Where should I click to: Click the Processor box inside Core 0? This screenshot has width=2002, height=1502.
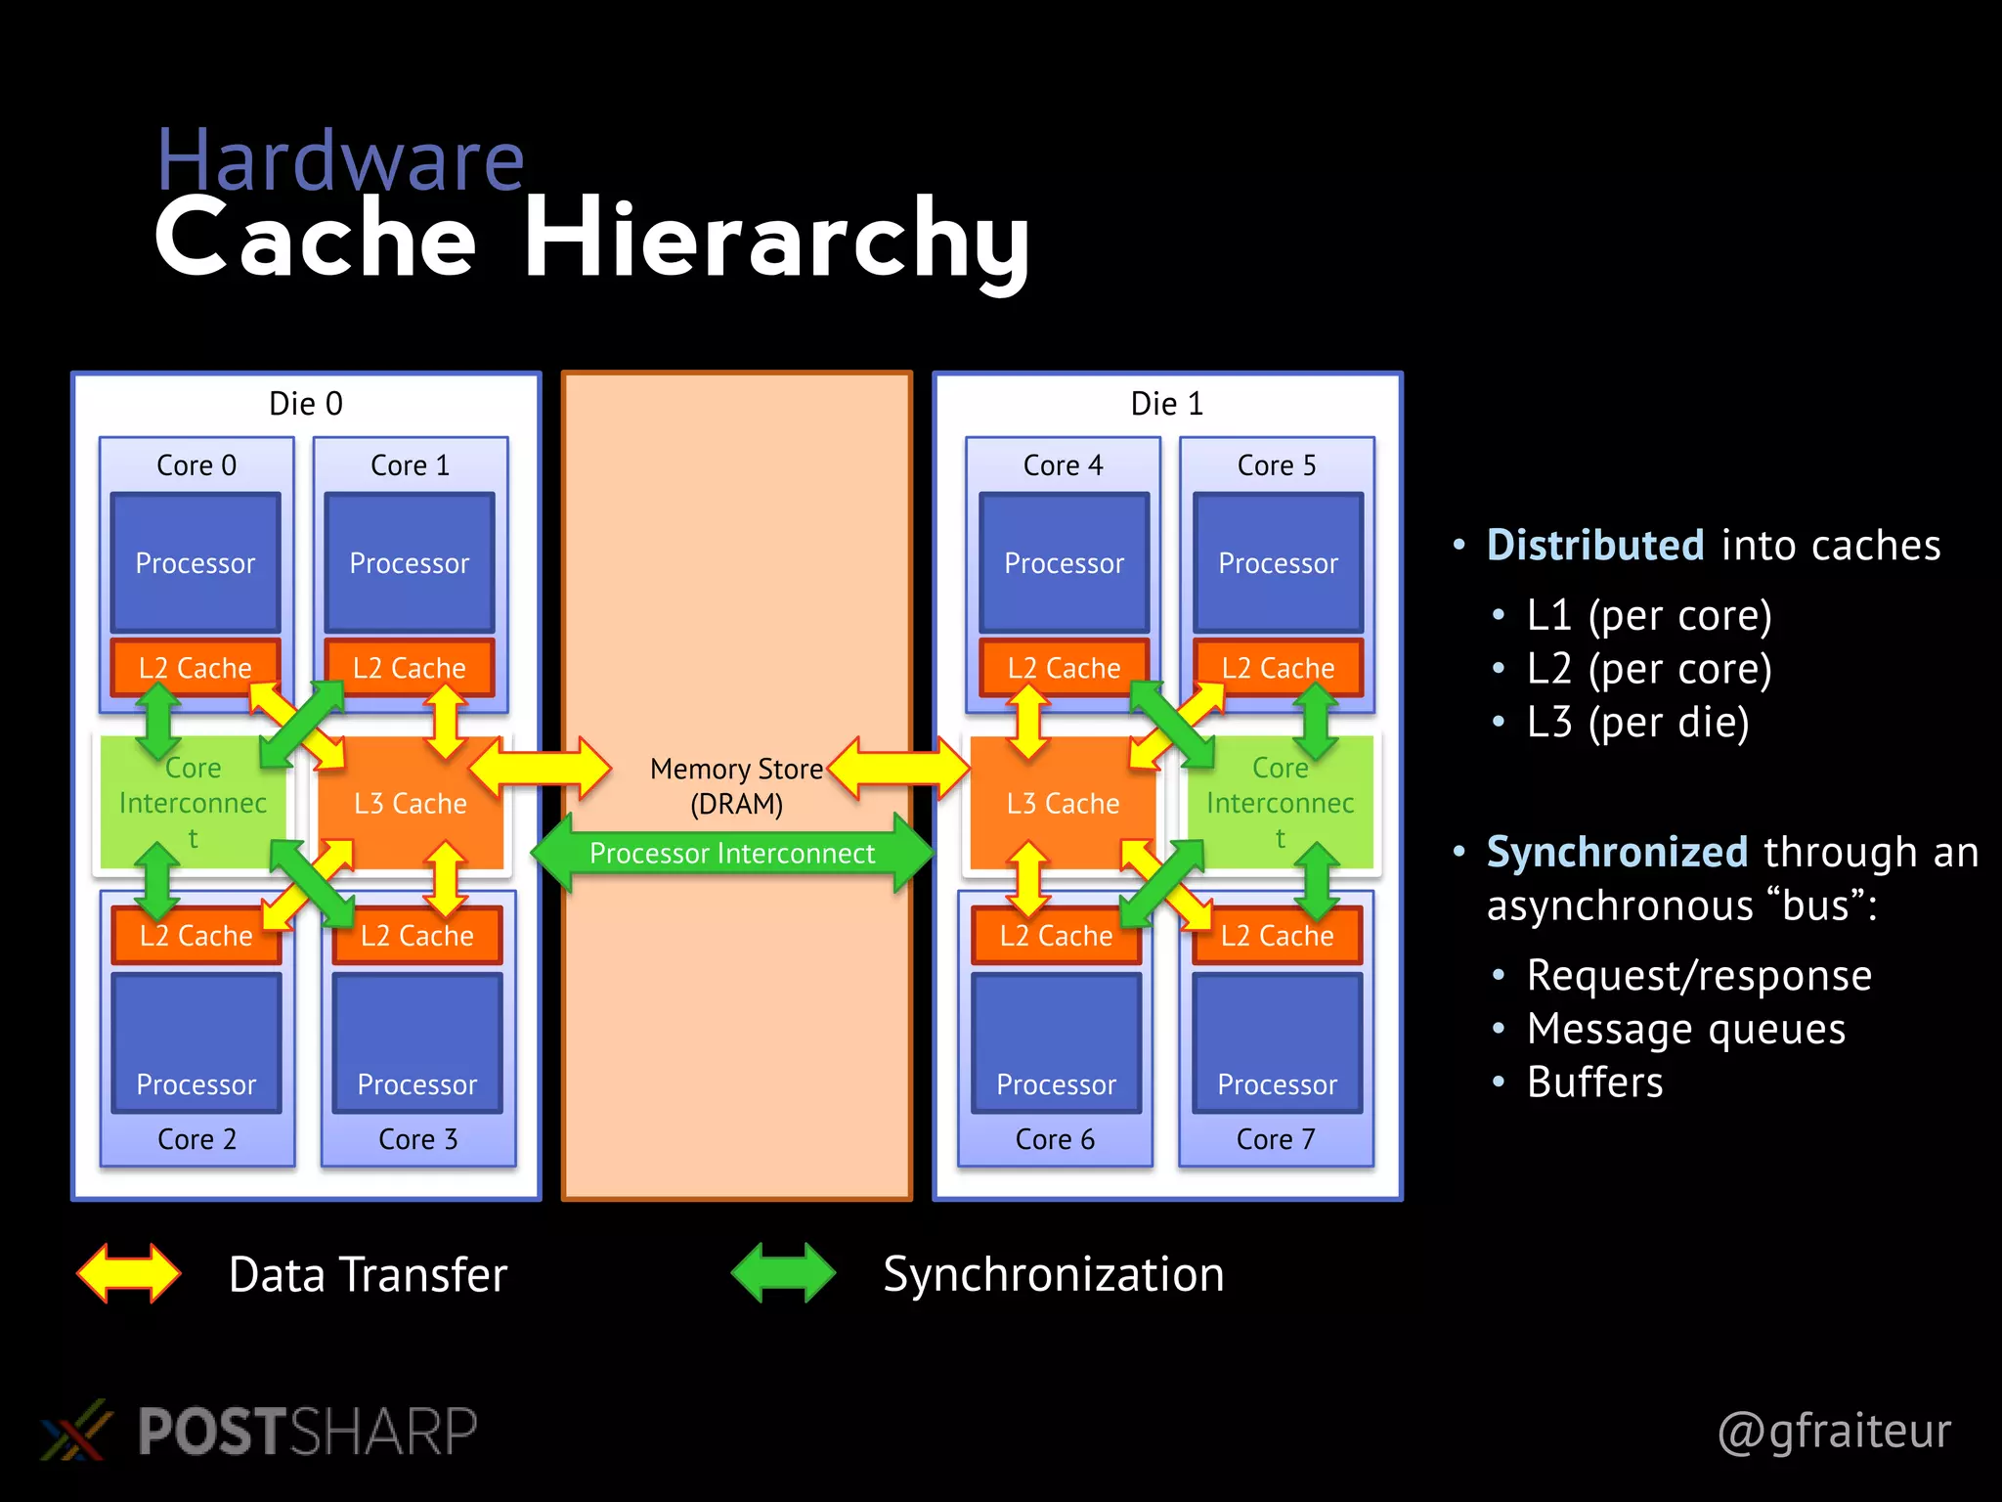point(196,562)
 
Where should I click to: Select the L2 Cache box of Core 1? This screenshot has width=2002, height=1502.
point(410,668)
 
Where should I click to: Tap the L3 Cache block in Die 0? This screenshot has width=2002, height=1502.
point(410,804)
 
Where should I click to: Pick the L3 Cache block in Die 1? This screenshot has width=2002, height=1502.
point(1063,804)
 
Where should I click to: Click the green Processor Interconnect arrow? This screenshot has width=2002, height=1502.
point(732,853)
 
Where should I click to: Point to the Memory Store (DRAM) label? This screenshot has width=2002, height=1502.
point(736,786)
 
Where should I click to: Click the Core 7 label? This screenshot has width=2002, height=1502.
point(1276,1139)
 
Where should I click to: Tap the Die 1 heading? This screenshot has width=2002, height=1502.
point(1166,404)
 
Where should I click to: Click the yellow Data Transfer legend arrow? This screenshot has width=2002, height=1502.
point(129,1273)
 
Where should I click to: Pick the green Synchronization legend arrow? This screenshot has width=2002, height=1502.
point(783,1273)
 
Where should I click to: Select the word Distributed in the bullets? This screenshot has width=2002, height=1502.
point(1595,546)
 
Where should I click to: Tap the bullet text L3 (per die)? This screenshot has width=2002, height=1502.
point(1637,723)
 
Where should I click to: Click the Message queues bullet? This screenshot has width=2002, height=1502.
point(1686,1029)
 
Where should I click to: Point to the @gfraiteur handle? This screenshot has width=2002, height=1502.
point(1834,1431)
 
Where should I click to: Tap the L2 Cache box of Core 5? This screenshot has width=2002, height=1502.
point(1278,668)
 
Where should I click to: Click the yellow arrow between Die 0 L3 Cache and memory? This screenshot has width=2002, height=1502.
point(541,769)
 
